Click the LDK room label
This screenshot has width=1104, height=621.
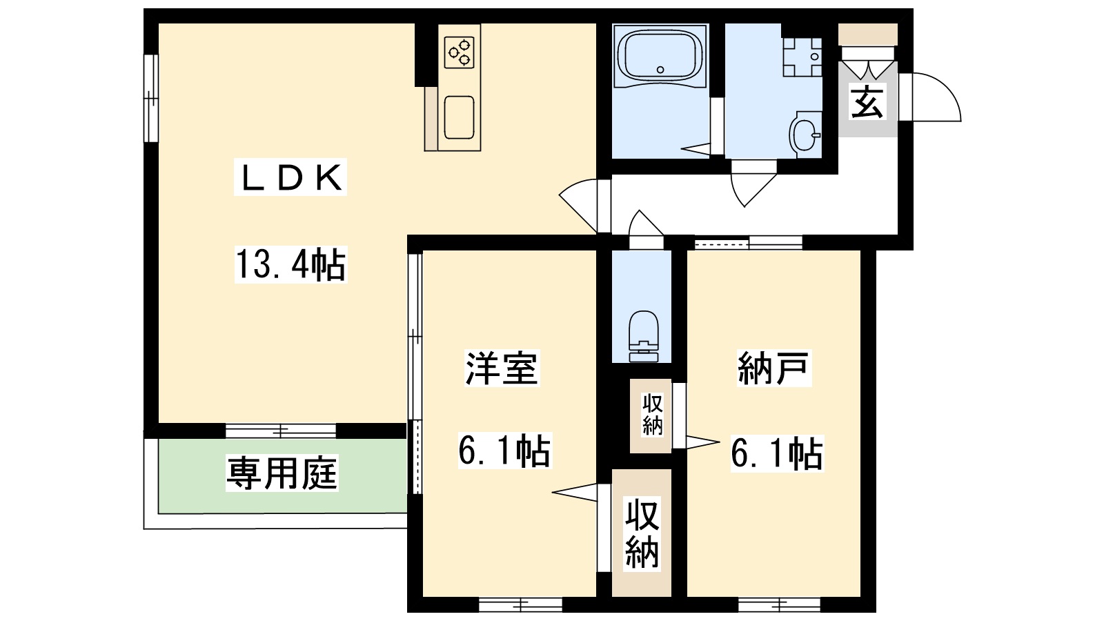(x=290, y=179)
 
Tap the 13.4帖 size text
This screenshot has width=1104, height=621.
(x=290, y=264)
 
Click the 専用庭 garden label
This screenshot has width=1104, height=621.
(x=282, y=474)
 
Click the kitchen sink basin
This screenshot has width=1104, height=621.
(x=459, y=117)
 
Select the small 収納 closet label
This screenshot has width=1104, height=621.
(x=652, y=415)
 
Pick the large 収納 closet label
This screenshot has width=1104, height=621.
(x=642, y=533)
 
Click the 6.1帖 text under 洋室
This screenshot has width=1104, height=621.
(x=504, y=451)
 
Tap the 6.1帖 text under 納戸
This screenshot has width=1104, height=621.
(x=776, y=453)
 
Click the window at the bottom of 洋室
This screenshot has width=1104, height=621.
(x=520, y=604)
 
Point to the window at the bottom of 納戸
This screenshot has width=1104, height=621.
(x=780, y=604)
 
